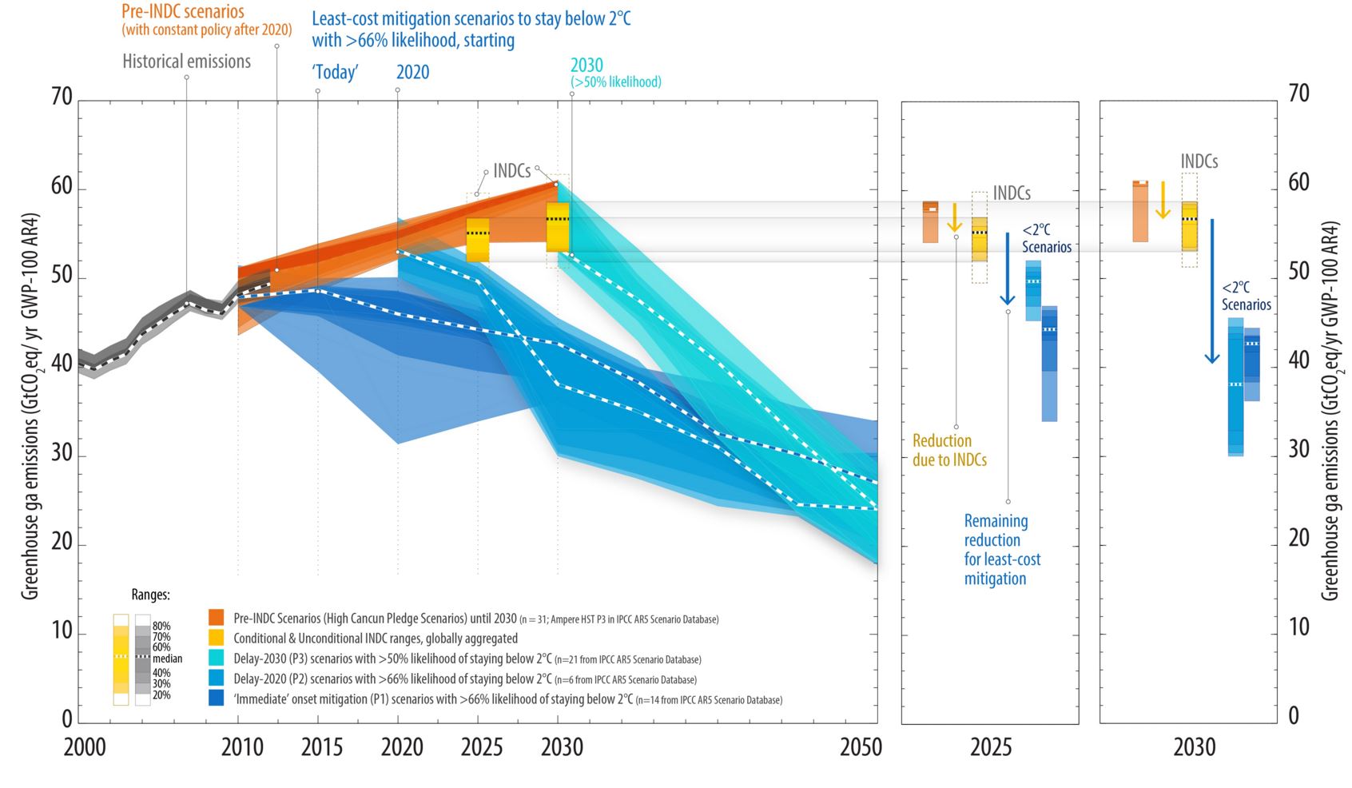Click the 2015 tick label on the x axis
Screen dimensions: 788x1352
coord(322,747)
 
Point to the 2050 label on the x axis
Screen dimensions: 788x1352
coord(861,747)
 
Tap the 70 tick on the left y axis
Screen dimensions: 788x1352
coord(62,97)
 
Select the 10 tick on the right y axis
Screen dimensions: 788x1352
coord(1298,627)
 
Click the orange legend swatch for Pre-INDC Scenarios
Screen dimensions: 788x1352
coord(216,618)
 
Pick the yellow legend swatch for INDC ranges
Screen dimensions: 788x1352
coord(216,638)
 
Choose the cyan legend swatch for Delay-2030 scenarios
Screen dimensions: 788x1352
coord(216,658)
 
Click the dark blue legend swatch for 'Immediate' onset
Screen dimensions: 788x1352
coord(216,698)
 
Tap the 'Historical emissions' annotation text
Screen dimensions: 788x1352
coord(186,62)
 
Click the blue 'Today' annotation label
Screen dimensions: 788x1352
coord(335,73)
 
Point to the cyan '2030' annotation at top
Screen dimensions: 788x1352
coord(587,66)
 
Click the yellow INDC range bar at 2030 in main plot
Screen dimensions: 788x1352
coord(558,227)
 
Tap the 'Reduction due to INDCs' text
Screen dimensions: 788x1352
coord(949,450)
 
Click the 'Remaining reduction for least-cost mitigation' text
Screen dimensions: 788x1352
coord(1002,550)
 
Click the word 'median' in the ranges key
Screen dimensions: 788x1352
coord(167,659)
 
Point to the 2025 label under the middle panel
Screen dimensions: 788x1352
coord(990,747)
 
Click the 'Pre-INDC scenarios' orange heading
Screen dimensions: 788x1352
coord(183,12)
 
